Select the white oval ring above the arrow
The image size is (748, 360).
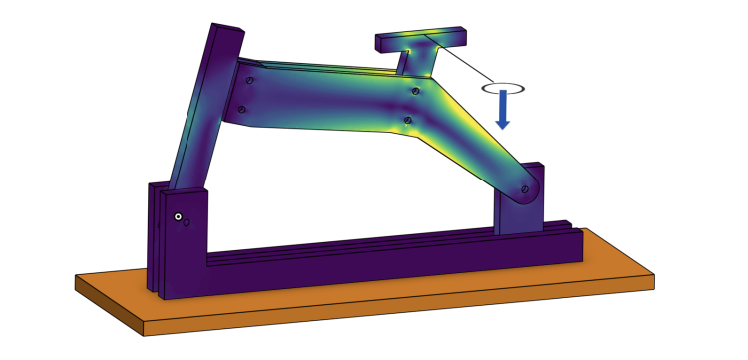point(503,88)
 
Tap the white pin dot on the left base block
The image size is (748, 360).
point(177,216)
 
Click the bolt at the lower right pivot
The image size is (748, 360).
point(524,186)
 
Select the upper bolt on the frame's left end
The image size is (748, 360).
point(250,78)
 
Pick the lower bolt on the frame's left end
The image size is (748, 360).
point(241,109)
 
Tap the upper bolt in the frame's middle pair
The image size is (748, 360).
point(414,90)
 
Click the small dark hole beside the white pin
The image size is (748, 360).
point(187,222)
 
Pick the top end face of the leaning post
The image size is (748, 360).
point(226,29)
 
